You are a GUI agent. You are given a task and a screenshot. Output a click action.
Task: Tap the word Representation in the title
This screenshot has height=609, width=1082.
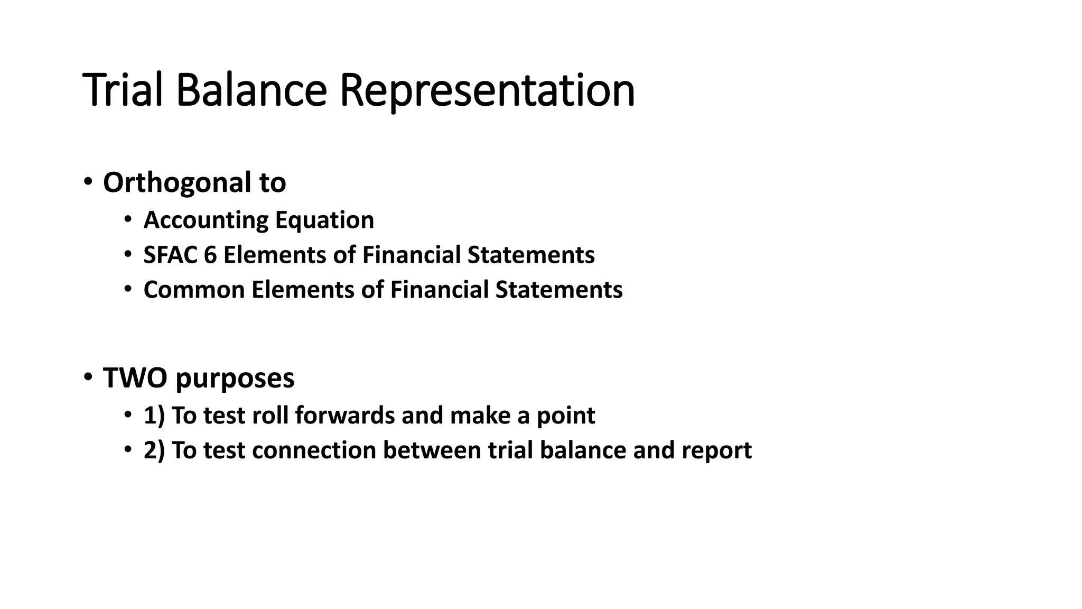click(x=487, y=91)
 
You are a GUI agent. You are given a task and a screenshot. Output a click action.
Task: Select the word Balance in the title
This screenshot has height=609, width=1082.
click(x=251, y=90)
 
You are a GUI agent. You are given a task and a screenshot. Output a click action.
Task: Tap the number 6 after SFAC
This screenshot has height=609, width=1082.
click(x=210, y=255)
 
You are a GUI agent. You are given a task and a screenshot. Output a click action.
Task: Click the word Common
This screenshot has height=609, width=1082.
click(x=194, y=290)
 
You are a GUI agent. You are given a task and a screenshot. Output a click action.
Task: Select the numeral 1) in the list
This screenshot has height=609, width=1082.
click(x=154, y=416)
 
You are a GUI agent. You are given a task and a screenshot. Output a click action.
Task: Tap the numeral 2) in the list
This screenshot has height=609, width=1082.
click(x=154, y=450)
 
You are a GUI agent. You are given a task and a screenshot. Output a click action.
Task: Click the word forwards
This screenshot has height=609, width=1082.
click(x=344, y=415)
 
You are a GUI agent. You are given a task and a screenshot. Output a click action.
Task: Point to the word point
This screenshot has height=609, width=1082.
click(x=566, y=416)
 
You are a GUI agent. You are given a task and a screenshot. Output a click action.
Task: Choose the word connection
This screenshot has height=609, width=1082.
click(x=314, y=450)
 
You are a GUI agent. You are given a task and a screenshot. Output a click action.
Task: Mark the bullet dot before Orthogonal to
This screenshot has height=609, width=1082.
click(x=88, y=182)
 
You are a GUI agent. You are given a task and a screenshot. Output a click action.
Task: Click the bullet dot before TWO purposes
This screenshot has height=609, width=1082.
click(x=88, y=377)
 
